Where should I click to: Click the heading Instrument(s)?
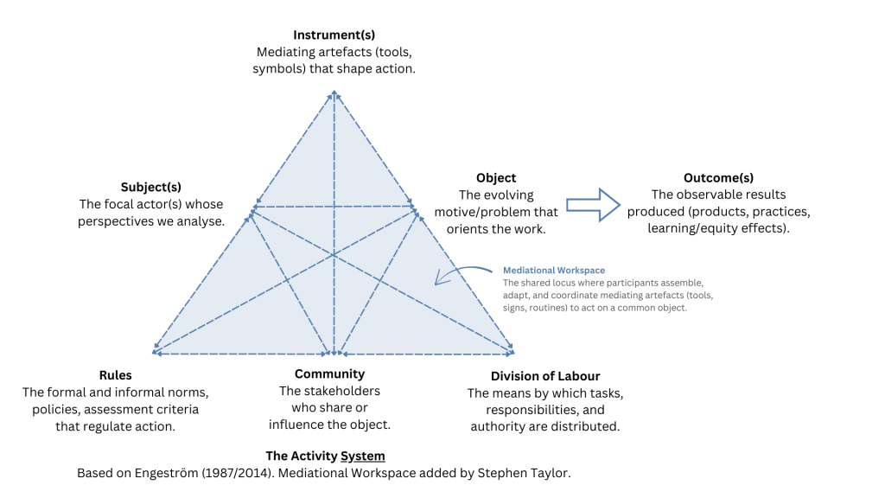334,35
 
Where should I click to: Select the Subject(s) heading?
151,187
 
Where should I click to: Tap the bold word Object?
496,178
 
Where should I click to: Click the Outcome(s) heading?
718,178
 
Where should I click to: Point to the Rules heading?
115,375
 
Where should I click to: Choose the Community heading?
329,374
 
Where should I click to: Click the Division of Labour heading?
544,376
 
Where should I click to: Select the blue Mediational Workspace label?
554,271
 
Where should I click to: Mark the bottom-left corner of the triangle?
154,353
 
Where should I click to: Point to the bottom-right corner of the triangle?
513,353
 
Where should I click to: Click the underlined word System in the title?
363,456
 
